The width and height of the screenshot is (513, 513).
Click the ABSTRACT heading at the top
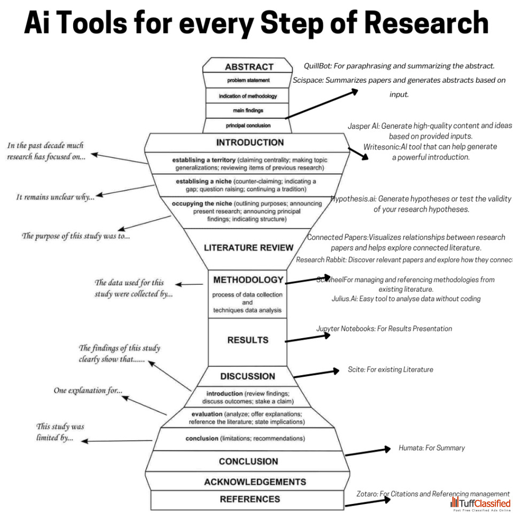click(x=248, y=67)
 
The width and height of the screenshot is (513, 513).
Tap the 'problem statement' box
click(x=248, y=81)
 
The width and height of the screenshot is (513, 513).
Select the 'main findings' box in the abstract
click(x=248, y=111)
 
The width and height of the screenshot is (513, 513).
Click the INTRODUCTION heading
click(x=250, y=143)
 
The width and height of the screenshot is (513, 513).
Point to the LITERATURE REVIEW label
click(x=248, y=247)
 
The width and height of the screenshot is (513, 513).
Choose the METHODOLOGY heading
click(x=248, y=279)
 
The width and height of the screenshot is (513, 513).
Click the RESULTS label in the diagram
click(x=247, y=340)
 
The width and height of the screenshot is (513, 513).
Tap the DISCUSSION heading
click(x=247, y=376)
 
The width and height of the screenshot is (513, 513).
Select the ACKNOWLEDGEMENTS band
click(x=247, y=481)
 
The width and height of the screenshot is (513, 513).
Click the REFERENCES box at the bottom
click(x=250, y=499)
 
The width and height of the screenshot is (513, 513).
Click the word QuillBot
click(x=318, y=66)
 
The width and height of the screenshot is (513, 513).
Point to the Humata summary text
click(x=431, y=448)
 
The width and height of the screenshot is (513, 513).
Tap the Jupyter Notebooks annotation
click(x=384, y=329)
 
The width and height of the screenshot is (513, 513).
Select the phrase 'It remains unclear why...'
click(x=55, y=197)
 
